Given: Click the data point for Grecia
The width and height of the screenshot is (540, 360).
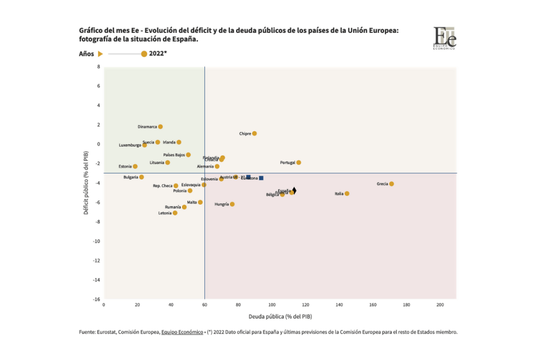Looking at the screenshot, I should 391,184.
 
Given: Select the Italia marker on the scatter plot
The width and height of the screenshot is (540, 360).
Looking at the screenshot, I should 346,193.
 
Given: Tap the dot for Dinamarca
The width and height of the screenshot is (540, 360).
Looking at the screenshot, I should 160,127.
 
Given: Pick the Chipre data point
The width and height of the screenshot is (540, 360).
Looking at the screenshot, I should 254,134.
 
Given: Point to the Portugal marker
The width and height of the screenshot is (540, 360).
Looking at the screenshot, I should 298,162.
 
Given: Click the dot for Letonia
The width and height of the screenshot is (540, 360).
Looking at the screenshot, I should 175,213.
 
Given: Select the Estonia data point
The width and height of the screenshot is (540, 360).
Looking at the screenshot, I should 135,166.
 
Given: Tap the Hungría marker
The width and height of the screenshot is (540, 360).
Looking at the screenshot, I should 232,204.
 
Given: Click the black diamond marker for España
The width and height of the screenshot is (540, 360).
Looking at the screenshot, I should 294,190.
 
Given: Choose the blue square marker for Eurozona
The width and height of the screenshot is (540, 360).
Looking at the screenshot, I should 261,178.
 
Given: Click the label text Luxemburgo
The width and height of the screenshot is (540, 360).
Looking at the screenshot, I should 130,145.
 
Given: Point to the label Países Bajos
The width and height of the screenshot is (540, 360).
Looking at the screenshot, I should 174,155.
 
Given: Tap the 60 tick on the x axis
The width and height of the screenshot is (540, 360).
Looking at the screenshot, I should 205,305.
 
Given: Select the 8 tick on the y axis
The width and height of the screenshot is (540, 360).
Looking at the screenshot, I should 99,67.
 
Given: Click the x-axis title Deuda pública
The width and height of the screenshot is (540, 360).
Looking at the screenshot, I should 280,316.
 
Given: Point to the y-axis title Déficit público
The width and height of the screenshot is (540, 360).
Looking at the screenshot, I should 86,182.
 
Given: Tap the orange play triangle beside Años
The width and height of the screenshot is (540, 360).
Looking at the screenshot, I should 100,54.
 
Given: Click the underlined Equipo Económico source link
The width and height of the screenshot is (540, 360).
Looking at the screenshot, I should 182,332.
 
